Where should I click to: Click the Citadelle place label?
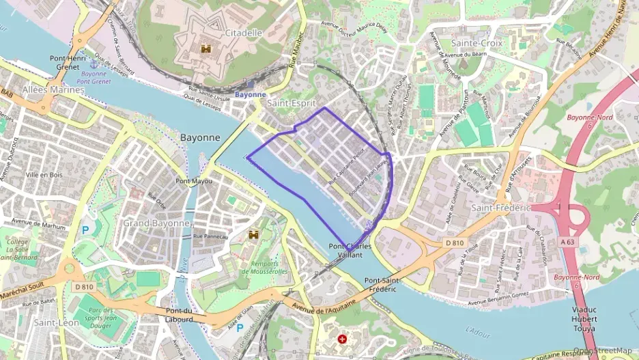[243, 32]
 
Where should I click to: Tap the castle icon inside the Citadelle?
[205, 49]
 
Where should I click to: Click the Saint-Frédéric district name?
[501, 207]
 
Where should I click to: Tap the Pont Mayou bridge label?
[194, 181]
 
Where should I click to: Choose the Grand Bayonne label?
[156, 223]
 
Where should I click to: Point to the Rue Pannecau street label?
[210, 236]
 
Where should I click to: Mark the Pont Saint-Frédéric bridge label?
[380, 285]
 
